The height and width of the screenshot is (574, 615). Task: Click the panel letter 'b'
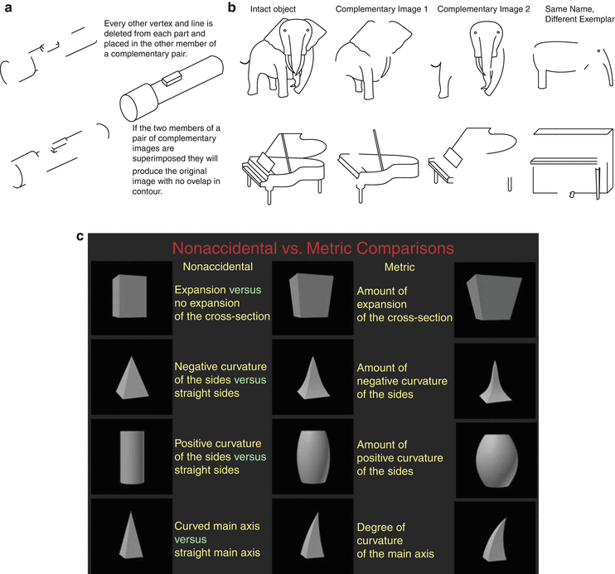click(233, 7)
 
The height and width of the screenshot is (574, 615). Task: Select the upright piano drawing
click(568, 162)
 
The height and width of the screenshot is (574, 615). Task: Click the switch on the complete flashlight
click(173, 78)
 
